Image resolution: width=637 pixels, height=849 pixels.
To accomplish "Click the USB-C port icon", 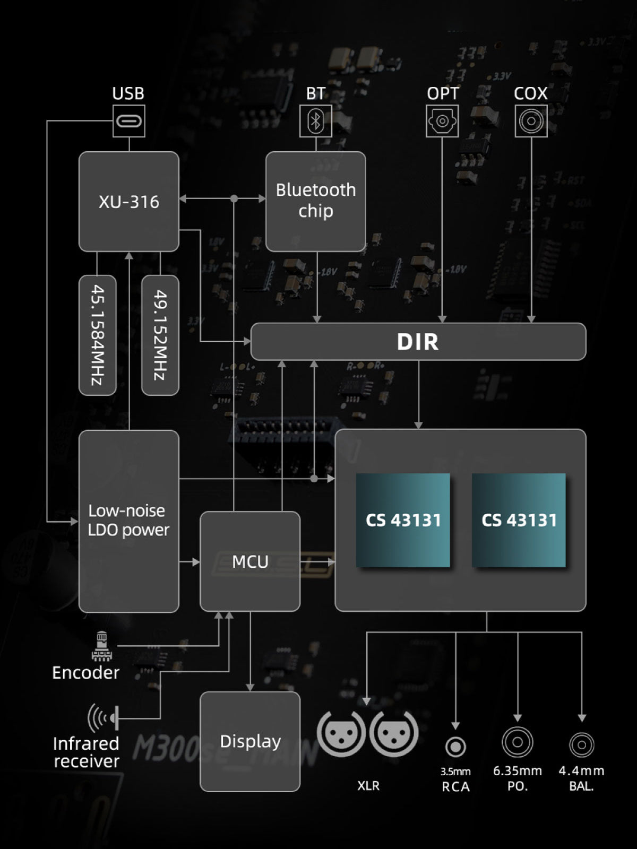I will (x=129, y=121).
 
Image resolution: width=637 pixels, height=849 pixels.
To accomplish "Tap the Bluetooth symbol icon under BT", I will (x=316, y=121).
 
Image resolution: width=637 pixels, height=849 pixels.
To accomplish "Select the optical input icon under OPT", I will (x=442, y=121).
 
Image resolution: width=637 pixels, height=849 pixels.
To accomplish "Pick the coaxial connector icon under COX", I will (x=531, y=121).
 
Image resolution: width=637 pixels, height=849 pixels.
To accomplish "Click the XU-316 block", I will (x=129, y=202).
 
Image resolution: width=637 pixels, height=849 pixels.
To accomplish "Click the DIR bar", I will (x=418, y=342).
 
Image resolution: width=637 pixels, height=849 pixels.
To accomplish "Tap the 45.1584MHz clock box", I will (x=98, y=335).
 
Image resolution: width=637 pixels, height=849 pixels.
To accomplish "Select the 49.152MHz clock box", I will (x=160, y=335).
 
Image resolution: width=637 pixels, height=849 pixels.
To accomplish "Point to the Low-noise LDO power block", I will (x=129, y=521).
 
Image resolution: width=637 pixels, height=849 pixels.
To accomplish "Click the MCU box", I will (x=250, y=561).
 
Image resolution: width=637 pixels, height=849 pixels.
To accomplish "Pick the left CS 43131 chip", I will (x=403, y=520).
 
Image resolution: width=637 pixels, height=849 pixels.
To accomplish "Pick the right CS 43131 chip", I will (x=519, y=520).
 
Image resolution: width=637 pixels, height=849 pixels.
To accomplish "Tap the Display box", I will (x=250, y=741).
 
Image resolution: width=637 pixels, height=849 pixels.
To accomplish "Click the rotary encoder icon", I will (x=101, y=646).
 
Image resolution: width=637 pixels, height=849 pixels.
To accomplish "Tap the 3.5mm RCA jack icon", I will (x=455, y=747).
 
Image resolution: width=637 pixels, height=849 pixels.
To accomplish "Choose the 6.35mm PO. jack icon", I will (x=518, y=741).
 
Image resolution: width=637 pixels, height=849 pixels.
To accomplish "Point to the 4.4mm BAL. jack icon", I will (x=582, y=744).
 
